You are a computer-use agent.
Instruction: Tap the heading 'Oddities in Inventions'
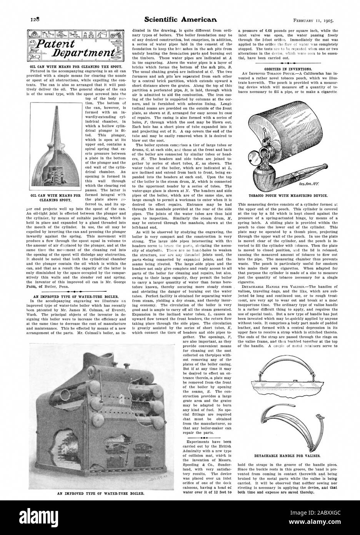288,58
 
